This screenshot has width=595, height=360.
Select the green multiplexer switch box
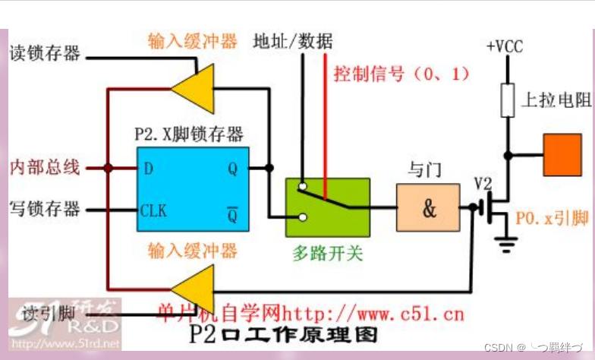pyautogui.click(x=327, y=207)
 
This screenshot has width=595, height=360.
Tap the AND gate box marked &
pyautogui.click(x=428, y=207)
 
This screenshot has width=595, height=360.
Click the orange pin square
pyautogui.click(x=562, y=154)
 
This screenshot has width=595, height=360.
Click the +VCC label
pyautogui.click(x=505, y=46)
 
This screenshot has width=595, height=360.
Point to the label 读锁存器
pyautogui.click(x=45, y=53)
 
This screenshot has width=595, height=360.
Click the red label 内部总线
pyautogui.click(x=44, y=167)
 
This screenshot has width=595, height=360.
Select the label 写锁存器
pyautogui.click(x=45, y=207)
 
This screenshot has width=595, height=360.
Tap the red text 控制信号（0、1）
pyautogui.click(x=401, y=74)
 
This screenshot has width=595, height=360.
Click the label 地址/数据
pyautogui.click(x=292, y=40)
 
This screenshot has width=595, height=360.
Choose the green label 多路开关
pyautogui.click(x=328, y=253)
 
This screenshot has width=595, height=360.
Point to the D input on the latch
pyautogui.click(x=148, y=168)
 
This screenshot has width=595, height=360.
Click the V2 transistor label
pyautogui.click(x=483, y=184)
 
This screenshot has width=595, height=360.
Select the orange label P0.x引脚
pyautogui.click(x=552, y=219)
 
